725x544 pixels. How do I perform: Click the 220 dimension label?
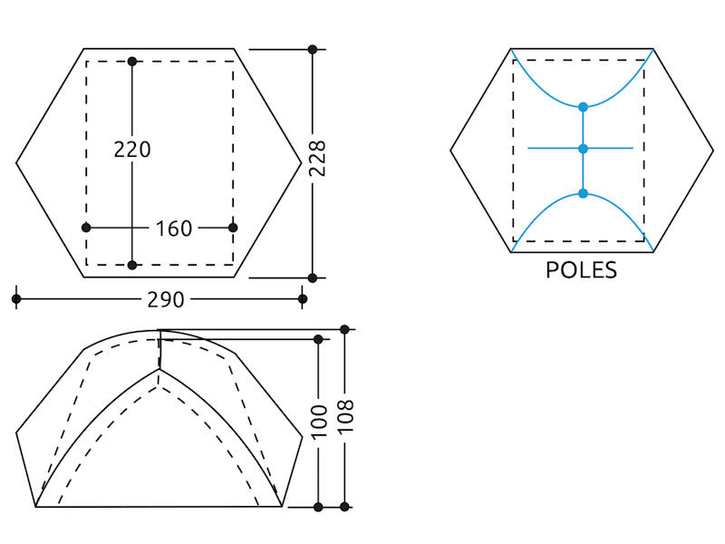click(x=132, y=150)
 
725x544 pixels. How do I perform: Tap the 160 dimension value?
click(x=174, y=228)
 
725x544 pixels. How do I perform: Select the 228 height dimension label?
click(x=317, y=158)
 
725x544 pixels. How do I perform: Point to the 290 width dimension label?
click(x=166, y=300)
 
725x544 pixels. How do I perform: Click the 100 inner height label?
click(x=319, y=422)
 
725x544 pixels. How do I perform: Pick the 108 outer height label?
click(x=345, y=415)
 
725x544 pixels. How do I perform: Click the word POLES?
click(x=581, y=270)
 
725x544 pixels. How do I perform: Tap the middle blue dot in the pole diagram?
click(x=583, y=149)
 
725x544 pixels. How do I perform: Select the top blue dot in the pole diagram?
click(x=583, y=107)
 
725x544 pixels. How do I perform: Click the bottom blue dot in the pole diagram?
click(x=583, y=193)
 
